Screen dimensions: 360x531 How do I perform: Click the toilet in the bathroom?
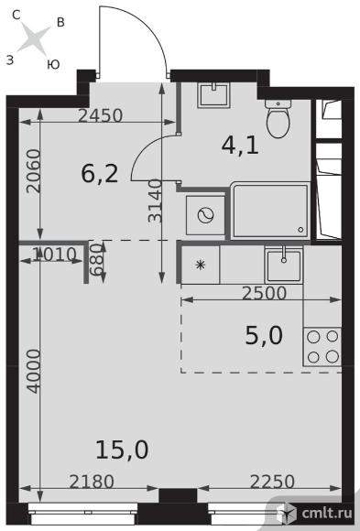click(x=278, y=118)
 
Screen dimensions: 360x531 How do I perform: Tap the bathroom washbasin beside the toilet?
click(x=213, y=95)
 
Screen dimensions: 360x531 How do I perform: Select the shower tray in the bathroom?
click(x=270, y=211)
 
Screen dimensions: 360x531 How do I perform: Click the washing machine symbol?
click(x=205, y=215)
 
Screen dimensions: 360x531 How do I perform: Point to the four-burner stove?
click(x=322, y=346)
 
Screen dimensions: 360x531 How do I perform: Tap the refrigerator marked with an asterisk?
click(x=201, y=265)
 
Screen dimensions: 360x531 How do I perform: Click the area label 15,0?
click(x=122, y=450)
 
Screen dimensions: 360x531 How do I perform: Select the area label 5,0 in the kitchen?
click(x=264, y=336)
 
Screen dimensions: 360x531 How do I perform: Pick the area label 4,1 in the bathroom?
click(x=240, y=146)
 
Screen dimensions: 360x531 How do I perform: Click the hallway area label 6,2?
click(x=100, y=174)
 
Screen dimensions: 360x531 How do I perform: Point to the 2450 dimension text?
click(x=100, y=115)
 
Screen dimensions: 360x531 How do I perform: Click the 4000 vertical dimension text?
click(x=34, y=371)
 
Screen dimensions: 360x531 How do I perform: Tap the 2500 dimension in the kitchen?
click(x=265, y=293)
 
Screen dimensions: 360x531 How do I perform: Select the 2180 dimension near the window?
click(x=92, y=482)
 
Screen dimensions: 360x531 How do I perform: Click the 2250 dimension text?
click(x=272, y=482)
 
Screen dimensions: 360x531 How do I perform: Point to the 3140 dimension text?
click(x=155, y=200)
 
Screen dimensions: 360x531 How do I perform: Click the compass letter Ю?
click(x=53, y=64)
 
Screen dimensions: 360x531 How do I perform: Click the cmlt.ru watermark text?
click(x=327, y=514)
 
